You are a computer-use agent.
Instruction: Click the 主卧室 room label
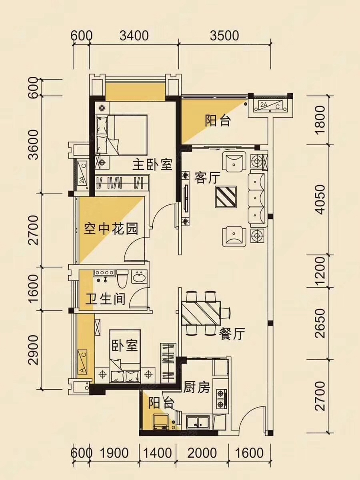tap(152, 165)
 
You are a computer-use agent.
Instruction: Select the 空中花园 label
tap(111, 229)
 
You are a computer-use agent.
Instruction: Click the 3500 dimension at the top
tap(224, 36)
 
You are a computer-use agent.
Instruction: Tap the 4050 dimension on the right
tap(321, 200)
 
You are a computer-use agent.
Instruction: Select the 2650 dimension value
tap(321, 323)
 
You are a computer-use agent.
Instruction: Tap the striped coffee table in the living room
tap(226, 196)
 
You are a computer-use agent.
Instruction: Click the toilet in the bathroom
tap(122, 278)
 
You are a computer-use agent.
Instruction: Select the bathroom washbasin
tap(139, 278)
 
